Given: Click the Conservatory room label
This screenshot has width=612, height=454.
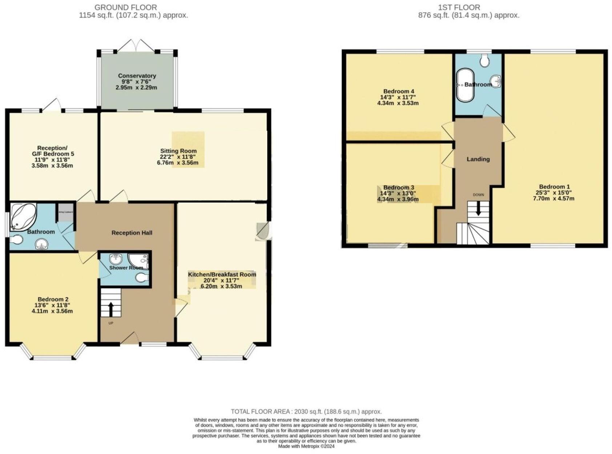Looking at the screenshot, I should click(137, 76).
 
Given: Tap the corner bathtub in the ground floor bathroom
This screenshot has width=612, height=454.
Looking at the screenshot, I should click(23, 216).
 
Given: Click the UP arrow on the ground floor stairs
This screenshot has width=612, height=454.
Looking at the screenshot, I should click(110, 310).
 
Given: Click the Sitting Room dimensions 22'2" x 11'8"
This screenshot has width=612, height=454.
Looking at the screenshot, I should click(178, 157).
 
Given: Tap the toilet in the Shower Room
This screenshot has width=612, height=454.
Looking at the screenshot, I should click(142, 278).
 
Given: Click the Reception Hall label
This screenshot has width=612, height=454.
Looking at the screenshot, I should click(132, 233).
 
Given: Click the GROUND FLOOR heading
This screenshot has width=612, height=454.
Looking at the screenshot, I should click(126, 7).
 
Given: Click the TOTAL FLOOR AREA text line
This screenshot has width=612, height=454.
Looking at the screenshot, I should click(306, 411).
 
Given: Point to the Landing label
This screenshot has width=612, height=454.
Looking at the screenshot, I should click(478, 159).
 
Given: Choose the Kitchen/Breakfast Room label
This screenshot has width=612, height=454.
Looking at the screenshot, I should click(222, 274).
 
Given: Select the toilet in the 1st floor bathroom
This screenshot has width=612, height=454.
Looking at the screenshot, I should click(484, 60).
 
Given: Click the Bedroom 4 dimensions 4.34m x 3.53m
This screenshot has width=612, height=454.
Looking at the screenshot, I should click(398, 103).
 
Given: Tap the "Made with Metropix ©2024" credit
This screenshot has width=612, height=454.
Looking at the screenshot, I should click(306, 446).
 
